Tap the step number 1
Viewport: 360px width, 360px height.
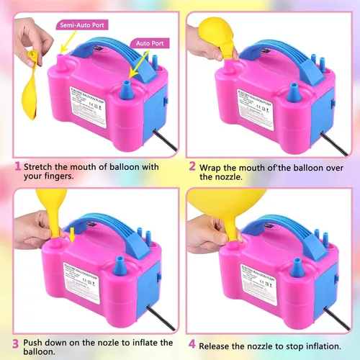tap(16, 167)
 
